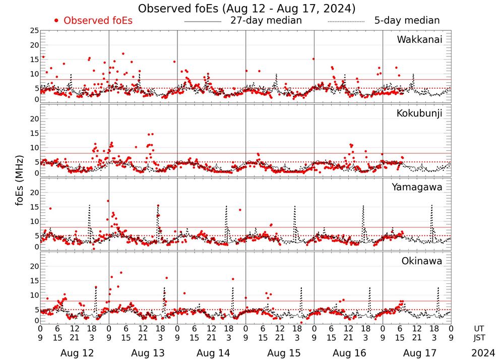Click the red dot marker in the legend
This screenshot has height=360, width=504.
coord(56,21)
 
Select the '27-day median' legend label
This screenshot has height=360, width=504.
coord(266,21)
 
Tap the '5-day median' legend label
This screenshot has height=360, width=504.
coord(407,21)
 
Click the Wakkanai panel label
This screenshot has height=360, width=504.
coord(419,39)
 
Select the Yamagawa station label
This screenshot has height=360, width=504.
coord(417,187)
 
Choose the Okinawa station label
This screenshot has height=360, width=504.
coord(422,261)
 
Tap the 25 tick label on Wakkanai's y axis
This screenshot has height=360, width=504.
coord(34,31)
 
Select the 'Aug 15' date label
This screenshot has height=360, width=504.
coord(280,353)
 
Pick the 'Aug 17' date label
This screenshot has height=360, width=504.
coord(417,353)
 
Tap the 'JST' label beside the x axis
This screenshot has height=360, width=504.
coord(480,338)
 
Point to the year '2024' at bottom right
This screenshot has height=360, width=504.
coord(483,353)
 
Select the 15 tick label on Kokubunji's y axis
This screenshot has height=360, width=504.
coord(34,133)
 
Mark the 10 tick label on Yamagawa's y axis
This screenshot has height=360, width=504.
coord(34,221)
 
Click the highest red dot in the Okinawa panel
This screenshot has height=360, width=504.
coord(121,273)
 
